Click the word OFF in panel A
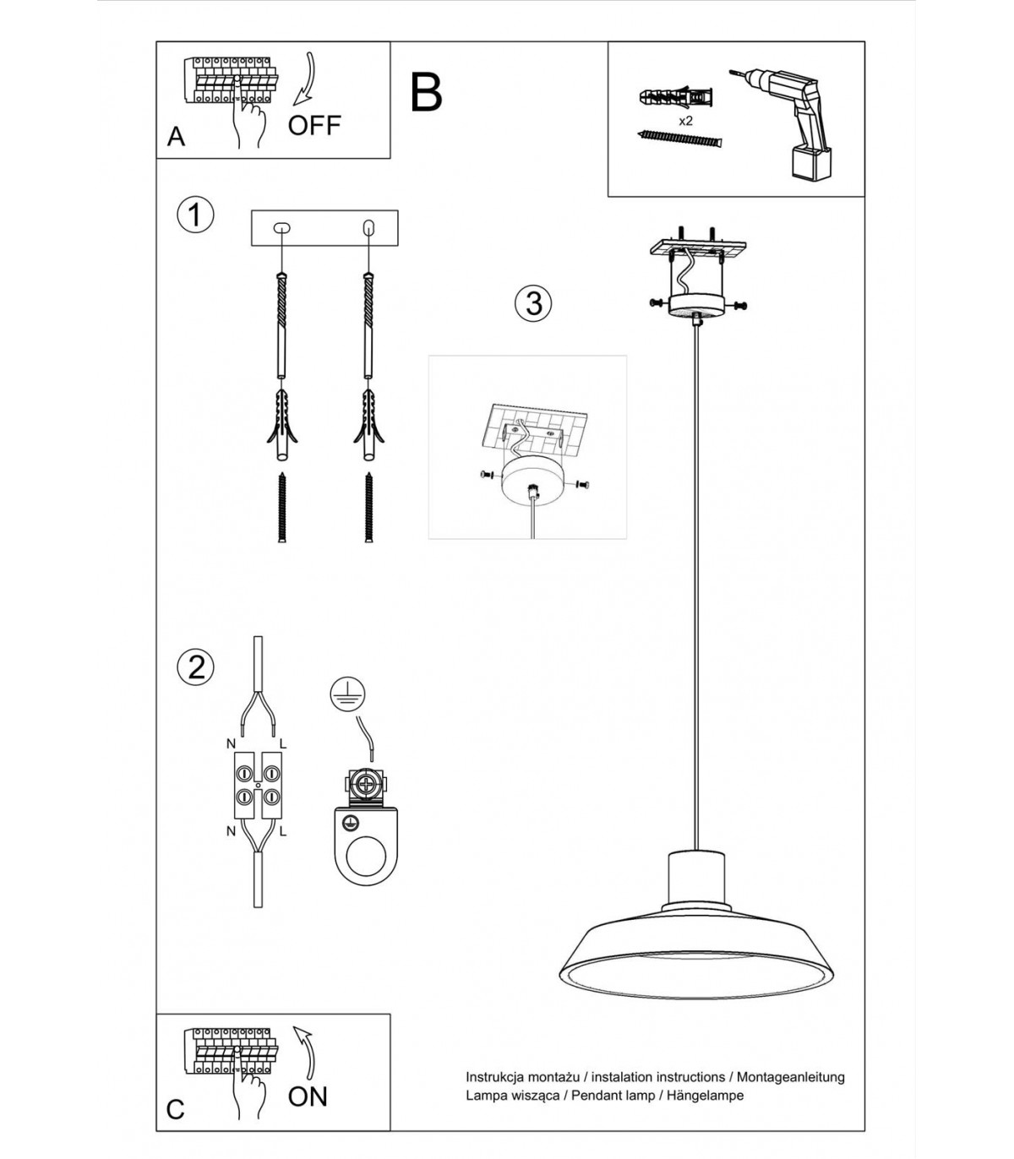314,125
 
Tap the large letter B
426,92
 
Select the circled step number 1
195,215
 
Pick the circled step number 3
533,303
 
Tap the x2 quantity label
685,121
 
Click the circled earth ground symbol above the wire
348,694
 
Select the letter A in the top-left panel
176,137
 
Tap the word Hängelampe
705,1095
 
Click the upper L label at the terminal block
283,743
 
